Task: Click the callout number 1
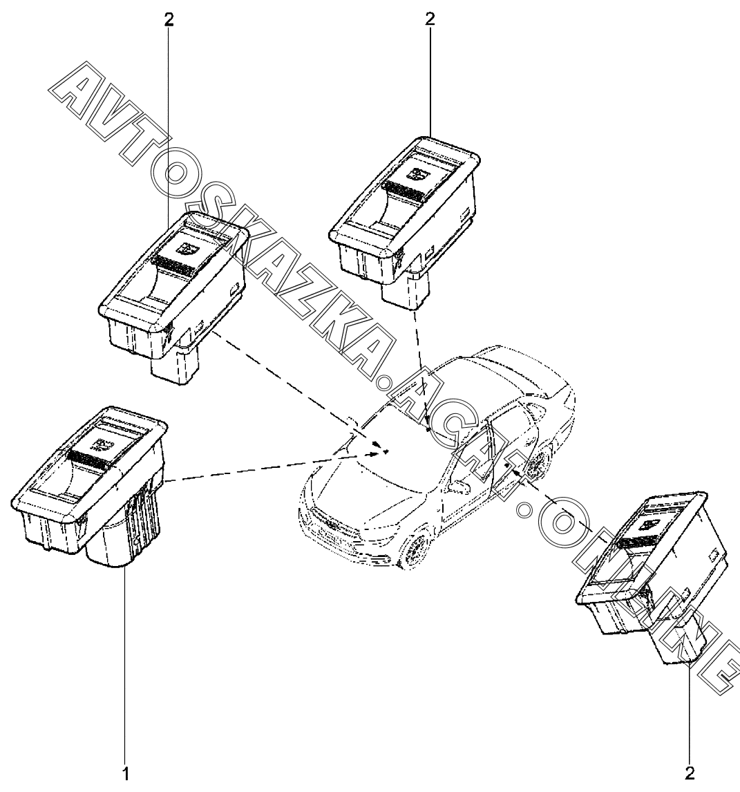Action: tap(126, 773)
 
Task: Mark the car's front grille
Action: tap(328, 525)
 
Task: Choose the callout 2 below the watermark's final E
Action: tap(690, 773)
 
